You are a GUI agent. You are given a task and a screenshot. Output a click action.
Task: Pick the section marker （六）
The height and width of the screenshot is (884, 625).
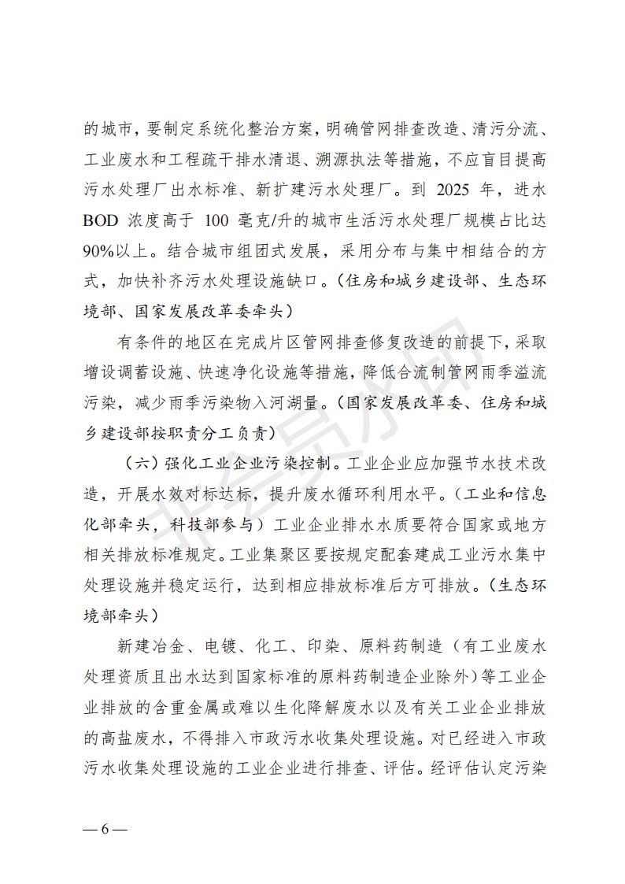tap(144, 462)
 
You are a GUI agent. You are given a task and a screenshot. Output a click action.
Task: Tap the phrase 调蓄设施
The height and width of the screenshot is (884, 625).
tap(143, 372)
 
